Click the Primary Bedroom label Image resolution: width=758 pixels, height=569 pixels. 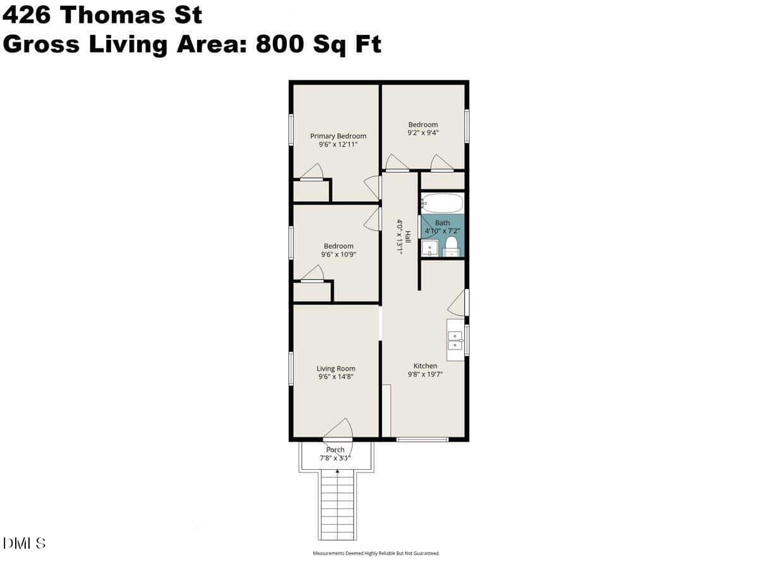(338, 136)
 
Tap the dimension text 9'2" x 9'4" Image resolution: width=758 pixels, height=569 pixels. (423, 132)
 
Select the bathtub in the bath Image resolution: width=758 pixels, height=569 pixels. (442, 203)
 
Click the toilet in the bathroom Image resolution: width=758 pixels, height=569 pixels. (452, 247)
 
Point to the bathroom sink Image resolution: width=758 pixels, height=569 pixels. (430, 248)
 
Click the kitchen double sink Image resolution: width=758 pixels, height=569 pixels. (455, 340)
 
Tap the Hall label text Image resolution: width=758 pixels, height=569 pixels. (408, 236)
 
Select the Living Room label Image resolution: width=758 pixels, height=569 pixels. (335, 369)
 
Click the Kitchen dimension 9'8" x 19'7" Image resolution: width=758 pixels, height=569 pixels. (425, 374)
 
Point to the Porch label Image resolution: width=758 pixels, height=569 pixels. (335, 450)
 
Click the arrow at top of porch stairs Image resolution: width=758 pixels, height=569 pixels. (337, 471)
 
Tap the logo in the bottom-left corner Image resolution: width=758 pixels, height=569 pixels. (24, 544)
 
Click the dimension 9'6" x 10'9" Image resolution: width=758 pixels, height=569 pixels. (339, 254)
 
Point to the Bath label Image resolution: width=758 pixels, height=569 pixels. (442, 223)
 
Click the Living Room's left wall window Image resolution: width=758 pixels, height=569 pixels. (291, 369)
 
